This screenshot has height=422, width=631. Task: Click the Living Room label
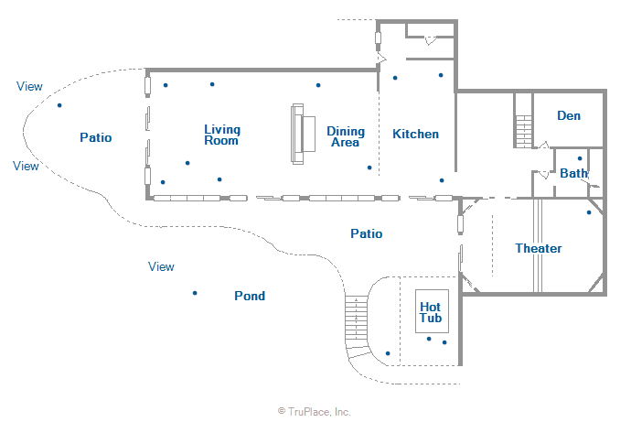coord(222,135)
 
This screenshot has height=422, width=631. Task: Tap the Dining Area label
coord(346,136)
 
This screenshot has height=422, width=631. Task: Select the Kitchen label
coord(416,134)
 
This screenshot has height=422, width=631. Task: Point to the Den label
coord(569,116)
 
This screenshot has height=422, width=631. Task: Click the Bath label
coord(574,173)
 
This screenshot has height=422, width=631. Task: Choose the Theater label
coord(539,248)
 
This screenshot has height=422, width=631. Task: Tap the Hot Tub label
coord(431,312)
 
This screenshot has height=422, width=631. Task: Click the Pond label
coord(250,296)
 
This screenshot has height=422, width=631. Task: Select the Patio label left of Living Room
coord(96,137)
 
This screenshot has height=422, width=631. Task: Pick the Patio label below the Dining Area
coord(366,233)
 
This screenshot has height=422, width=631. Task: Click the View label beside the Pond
coord(161,266)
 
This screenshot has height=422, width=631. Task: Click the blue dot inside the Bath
coord(580,158)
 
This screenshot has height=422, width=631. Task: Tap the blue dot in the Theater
coord(589,212)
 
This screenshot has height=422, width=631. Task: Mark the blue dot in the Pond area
coord(195,293)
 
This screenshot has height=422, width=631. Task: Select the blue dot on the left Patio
coord(59,105)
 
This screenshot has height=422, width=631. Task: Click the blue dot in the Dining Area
coord(369,168)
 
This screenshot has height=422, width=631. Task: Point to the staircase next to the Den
coord(524,132)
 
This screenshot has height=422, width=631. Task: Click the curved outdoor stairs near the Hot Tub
coord(358,327)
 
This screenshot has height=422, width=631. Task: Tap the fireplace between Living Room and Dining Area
coord(303,134)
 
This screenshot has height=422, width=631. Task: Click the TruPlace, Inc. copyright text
coord(315,412)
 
